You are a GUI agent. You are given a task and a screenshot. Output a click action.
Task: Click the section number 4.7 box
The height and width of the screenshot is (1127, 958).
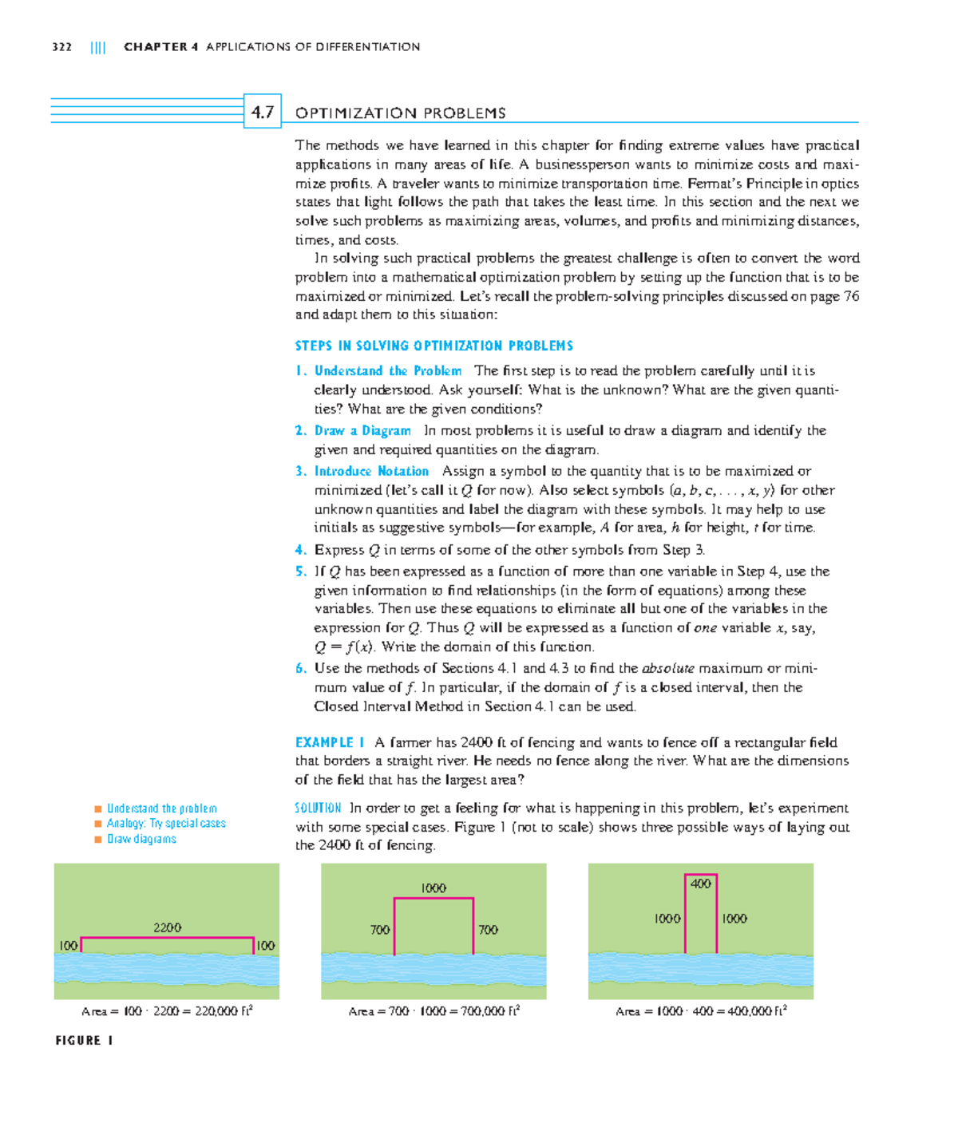[262, 112]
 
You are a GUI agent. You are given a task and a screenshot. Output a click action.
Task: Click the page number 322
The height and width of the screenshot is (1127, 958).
[61, 47]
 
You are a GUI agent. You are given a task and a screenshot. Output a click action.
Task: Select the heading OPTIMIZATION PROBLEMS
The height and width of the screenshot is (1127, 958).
[400, 113]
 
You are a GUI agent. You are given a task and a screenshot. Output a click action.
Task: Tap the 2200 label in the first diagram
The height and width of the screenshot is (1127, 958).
[167, 927]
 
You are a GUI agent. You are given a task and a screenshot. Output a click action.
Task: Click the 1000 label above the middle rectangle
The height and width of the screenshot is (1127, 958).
[433, 888]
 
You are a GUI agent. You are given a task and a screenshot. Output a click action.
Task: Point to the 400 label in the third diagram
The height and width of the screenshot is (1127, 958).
[700, 884]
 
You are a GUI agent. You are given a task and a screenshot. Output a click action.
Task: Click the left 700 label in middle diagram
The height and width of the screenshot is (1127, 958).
[380, 930]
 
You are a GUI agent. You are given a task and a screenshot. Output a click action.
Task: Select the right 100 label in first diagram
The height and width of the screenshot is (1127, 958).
[265, 946]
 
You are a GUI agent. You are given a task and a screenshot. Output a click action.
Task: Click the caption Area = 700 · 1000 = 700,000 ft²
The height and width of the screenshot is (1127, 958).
[434, 1011]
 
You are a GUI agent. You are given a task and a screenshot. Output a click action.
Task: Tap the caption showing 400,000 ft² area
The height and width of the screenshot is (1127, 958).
[701, 1011]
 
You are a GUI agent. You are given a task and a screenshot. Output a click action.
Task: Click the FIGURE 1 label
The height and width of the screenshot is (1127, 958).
[84, 1041]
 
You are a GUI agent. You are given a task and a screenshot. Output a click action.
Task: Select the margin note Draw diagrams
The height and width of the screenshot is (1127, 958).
[141, 839]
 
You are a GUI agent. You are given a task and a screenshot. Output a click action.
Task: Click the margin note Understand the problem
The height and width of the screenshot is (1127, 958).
[162, 809]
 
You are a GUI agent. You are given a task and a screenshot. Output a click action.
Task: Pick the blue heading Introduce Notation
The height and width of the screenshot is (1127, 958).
[371, 472]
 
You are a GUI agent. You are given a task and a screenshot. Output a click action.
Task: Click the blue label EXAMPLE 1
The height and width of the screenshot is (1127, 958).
[330, 742]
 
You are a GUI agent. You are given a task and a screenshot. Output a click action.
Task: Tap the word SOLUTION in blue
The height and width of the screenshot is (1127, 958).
[318, 808]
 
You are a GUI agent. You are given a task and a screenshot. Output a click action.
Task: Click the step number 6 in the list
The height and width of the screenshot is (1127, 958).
[300, 669]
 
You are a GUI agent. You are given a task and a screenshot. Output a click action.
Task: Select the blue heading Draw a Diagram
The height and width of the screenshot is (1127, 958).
[362, 431]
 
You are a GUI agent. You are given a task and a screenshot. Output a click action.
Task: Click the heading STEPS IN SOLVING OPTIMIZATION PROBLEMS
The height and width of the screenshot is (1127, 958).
[433, 346]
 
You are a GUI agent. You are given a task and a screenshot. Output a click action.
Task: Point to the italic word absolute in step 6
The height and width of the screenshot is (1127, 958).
[667, 669]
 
